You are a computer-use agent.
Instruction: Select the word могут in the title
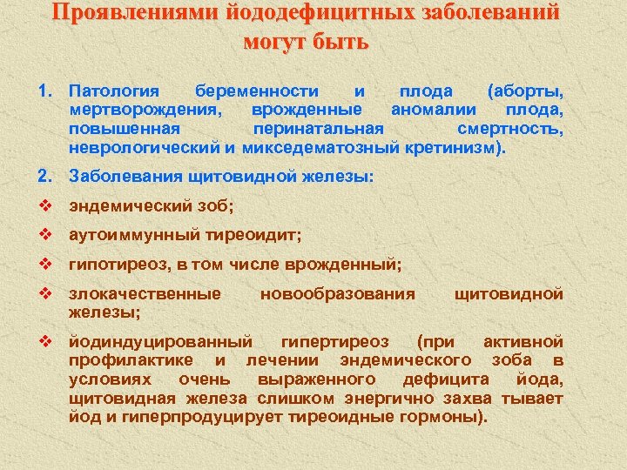click(x=279, y=42)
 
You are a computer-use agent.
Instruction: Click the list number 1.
click(x=45, y=91)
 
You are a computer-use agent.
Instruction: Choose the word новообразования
click(x=338, y=292)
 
